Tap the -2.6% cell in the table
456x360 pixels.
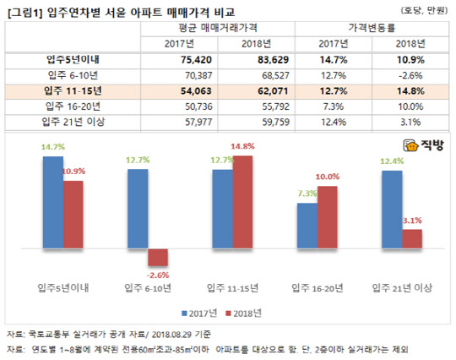(x=408, y=76)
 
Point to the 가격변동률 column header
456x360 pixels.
(x=373, y=29)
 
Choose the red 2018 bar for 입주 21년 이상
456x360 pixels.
(x=410, y=239)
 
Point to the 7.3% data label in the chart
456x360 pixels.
(x=305, y=194)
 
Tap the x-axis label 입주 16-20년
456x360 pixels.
(x=318, y=289)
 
